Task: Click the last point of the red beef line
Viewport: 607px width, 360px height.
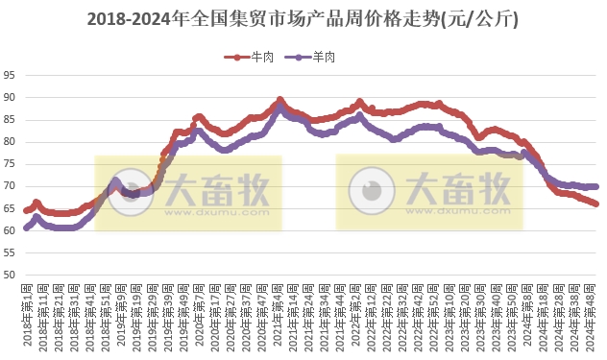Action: coord(595,204)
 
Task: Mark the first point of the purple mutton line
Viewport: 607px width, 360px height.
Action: coord(26,228)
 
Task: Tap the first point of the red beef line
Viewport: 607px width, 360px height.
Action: coord(26,210)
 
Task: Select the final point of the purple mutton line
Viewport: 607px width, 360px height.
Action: coord(595,186)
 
